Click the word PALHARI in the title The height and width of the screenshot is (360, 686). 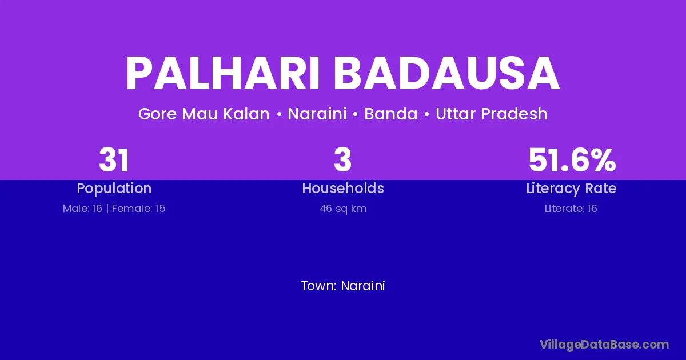point(223,73)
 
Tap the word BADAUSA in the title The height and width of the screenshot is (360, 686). point(447,73)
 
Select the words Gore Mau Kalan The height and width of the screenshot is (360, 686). point(204,114)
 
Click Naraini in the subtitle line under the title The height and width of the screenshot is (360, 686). point(317,114)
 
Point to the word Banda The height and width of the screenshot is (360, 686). point(391,114)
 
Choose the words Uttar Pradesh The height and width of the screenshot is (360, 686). point(492,114)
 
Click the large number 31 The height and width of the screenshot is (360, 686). point(114,160)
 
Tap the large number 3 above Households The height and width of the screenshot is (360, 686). point(342,160)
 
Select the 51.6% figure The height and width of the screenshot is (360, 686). point(572,160)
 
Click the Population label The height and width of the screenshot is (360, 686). point(114,189)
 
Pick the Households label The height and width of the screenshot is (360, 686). point(343,188)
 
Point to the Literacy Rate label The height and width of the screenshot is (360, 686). point(571,189)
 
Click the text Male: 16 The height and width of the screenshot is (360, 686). point(82,209)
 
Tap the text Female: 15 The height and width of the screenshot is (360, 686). point(139,209)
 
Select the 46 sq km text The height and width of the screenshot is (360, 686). point(343,209)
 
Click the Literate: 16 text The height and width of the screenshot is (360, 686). point(571,209)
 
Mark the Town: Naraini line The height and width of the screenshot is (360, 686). point(343,286)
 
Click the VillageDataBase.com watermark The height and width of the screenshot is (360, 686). point(604,345)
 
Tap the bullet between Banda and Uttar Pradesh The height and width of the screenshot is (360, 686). point(427,114)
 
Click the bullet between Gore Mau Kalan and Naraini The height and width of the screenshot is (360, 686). point(279,114)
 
